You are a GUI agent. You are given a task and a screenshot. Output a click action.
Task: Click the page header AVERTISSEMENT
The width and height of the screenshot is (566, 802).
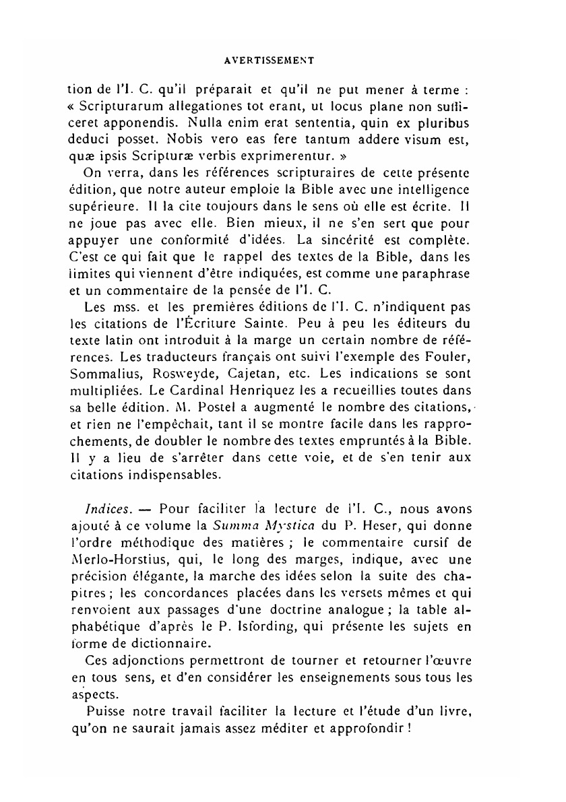tap(270, 60)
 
